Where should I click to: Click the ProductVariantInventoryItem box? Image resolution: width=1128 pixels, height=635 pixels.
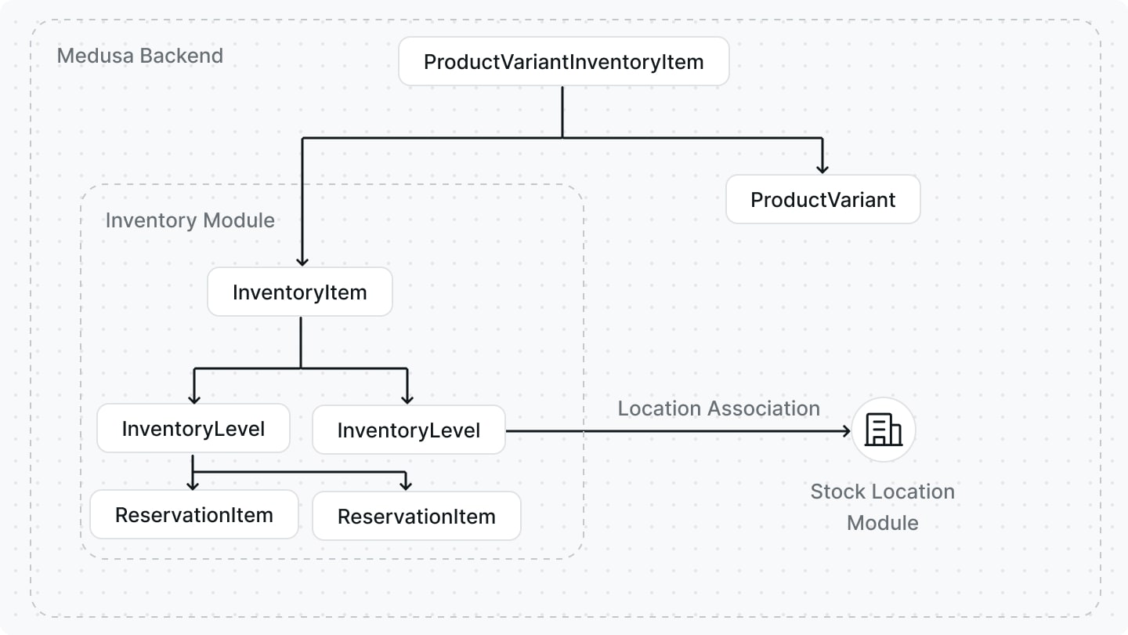pos(563,62)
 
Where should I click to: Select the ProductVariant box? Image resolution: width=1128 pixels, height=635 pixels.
pos(822,199)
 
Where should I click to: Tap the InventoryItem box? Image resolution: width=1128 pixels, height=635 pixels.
pos(299,292)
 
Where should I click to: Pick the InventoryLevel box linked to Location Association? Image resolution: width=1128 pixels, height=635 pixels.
pos(408,430)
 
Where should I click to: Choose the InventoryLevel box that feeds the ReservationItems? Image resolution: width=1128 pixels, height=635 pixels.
pos(193,429)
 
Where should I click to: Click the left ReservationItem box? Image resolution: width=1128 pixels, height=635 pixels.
pos(193,515)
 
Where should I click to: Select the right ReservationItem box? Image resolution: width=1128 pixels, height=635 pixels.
pos(416,516)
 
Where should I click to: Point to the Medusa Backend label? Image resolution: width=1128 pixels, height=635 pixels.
pos(140,56)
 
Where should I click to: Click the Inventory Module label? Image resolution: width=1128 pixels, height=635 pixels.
pos(190,220)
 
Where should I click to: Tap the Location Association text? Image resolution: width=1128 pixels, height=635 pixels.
pos(718,408)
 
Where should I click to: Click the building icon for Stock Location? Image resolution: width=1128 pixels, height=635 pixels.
pos(883,430)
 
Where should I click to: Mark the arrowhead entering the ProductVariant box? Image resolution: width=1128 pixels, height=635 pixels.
pos(822,168)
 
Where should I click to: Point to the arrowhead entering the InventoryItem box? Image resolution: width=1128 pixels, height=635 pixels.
pos(302,261)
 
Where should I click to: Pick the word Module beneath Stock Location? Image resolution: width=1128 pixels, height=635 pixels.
pos(882,522)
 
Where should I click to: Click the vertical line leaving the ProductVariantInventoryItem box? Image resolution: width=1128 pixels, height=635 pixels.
pos(562,111)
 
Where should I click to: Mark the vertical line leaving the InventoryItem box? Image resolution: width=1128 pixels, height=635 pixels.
pos(301,342)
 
